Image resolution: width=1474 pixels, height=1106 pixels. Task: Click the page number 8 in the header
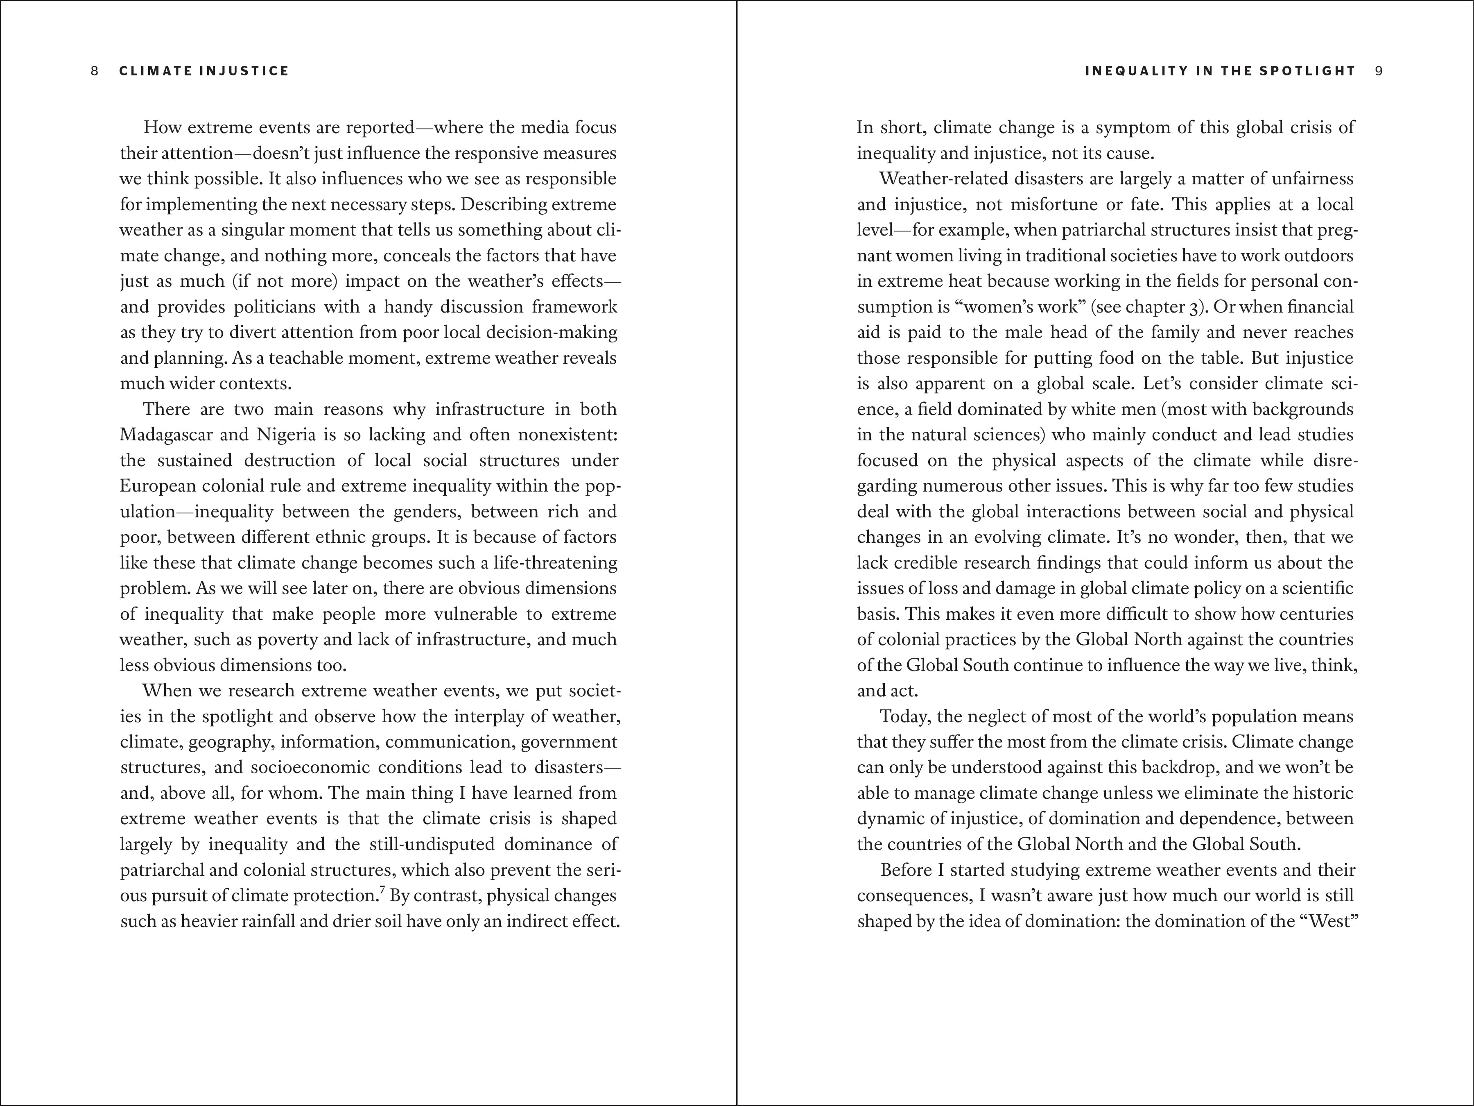95,71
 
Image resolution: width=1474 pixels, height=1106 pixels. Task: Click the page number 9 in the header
1378,71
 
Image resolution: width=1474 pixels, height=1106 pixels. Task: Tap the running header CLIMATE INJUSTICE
204,71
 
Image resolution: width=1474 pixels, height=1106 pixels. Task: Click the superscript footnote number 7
382,891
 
